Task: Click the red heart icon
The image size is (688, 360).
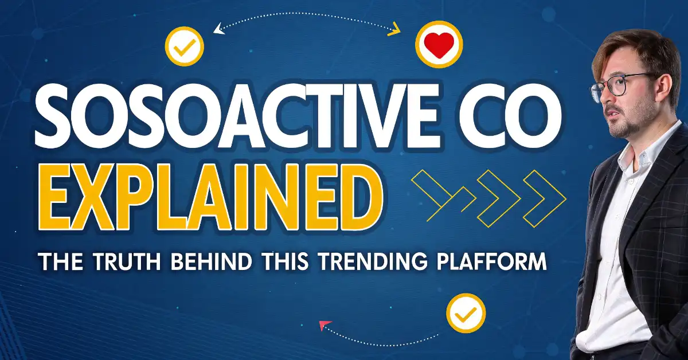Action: point(439,45)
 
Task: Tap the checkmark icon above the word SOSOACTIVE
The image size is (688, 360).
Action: point(183,48)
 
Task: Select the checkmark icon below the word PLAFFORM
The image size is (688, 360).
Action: point(466,313)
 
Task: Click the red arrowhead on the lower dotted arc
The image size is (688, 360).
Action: point(325,326)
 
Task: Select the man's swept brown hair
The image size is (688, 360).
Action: point(631,49)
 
